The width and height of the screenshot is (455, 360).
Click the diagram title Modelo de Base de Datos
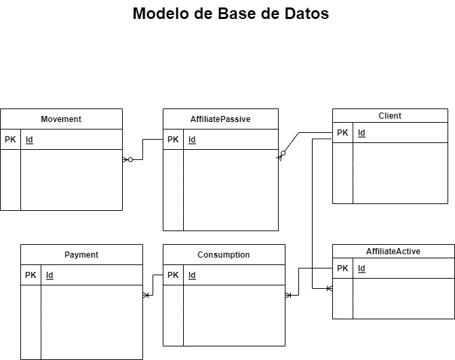tap(231, 14)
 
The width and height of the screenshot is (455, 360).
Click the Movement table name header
tap(61, 119)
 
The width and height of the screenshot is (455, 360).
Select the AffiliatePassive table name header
tap(220, 119)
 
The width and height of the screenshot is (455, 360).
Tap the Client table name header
tap(390, 116)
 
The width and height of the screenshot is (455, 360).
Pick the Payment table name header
tap(81, 255)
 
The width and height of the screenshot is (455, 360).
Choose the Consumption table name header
tap(224, 255)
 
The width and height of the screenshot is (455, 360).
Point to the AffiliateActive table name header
tap(393, 252)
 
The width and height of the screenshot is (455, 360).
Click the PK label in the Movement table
tap(10, 140)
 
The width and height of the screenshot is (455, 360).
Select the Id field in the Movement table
tap(29, 140)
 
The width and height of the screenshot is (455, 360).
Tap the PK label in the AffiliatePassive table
tap(173, 140)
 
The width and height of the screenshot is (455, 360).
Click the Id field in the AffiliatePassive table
tap(192, 140)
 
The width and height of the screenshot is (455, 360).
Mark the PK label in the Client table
tap(342, 133)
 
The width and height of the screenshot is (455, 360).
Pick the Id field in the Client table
tap(361, 133)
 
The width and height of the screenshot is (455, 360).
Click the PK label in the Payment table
tap(31, 275)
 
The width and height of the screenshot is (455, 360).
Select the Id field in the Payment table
tap(50, 275)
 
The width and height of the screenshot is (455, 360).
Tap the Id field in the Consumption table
tap(192, 275)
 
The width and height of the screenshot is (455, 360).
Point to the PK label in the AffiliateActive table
tap(342, 268)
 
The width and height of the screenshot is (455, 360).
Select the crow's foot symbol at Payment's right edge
tap(146, 296)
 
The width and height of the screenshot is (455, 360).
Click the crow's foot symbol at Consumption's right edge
tap(288, 296)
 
